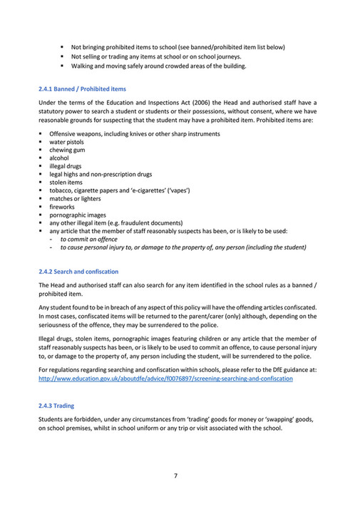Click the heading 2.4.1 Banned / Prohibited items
click(x=82, y=89)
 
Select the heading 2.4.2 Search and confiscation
click(x=78, y=272)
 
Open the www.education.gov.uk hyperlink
click(x=165, y=379)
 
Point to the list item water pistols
click(x=67, y=143)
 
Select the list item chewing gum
click(x=66, y=150)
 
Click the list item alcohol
click(x=59, y=158)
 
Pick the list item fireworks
click(x=62, y=207)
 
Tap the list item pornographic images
click(x=77, y=215)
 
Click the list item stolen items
click(x=66, y=182)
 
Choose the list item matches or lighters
click(x=76, y=199)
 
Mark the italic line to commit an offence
click(x=88, y=240)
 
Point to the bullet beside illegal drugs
click(x=41, y=167)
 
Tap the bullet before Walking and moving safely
click(x=63, y=66)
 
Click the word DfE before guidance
click(x=272, y=371)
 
